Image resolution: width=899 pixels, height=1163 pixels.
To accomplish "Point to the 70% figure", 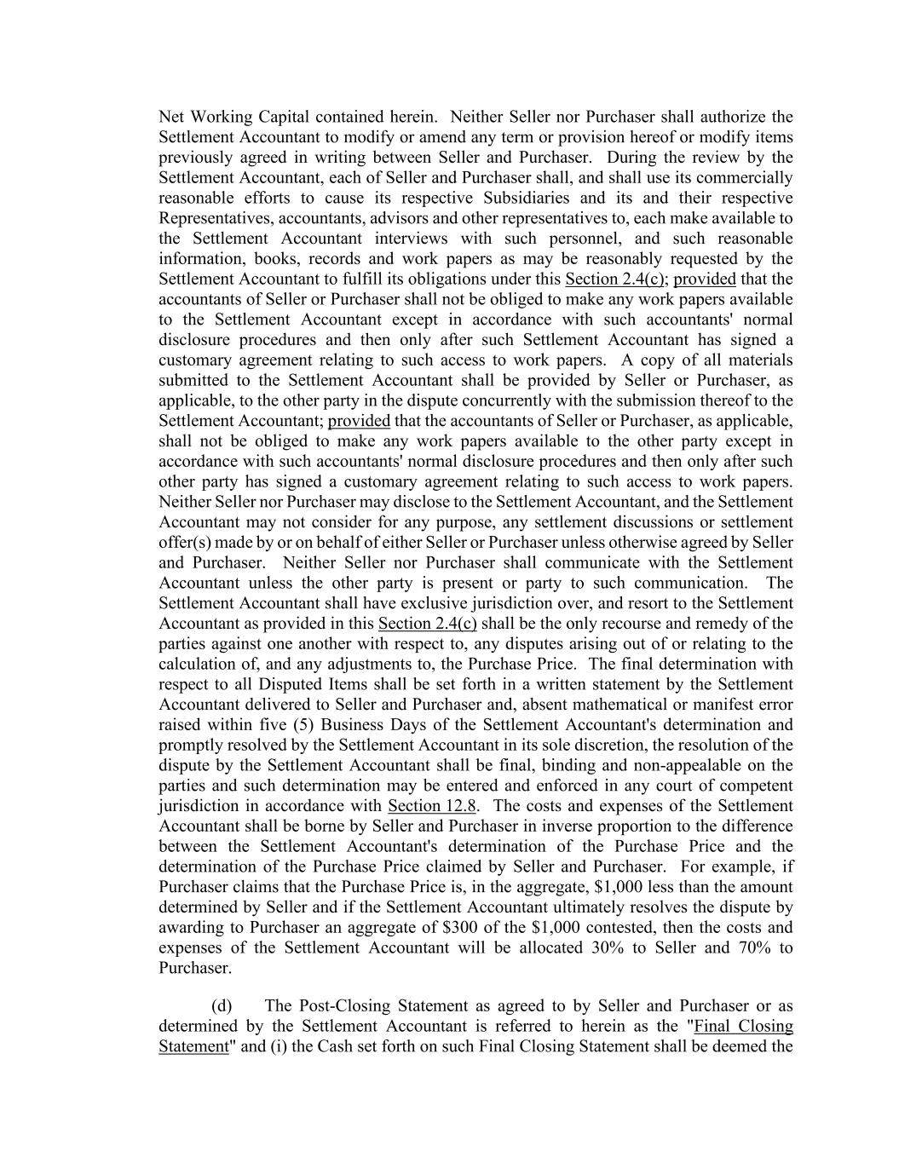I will click(751, 947).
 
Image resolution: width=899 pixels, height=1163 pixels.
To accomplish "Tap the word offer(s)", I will click(183, 543).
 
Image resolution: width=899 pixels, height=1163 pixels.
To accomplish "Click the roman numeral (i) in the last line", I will click(277, 1046).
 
